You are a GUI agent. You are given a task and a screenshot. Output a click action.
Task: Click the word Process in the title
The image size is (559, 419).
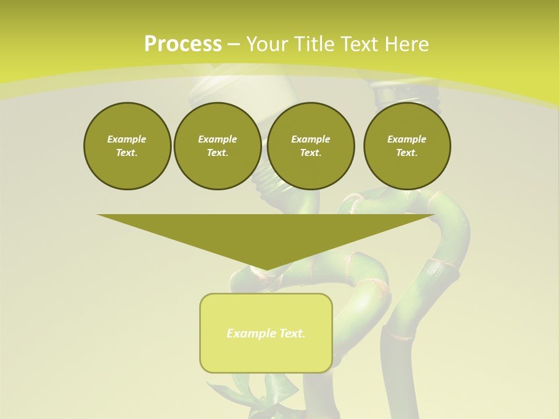coord(183,44)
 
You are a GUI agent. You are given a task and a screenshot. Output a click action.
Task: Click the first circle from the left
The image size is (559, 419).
coord(127,146)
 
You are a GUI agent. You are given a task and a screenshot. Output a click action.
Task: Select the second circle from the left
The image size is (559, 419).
coord(217,146)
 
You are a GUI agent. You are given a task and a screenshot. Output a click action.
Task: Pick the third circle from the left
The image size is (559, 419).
coord(310,146)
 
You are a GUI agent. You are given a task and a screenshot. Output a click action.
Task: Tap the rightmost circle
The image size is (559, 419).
coord(407,146)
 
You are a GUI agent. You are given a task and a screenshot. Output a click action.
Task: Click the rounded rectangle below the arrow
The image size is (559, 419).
coord(266,333)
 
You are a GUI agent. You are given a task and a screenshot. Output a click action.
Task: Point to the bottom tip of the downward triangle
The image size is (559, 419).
coord(266,270)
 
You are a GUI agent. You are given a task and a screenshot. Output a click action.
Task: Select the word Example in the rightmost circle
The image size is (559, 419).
coord(406,139)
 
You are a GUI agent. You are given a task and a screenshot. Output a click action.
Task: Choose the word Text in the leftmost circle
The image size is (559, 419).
coord(127,153)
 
